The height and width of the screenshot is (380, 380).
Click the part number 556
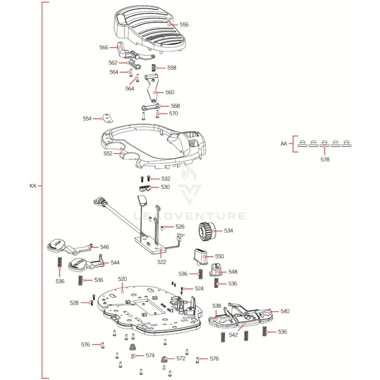point(184,24)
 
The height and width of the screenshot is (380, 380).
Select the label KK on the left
point(33,186)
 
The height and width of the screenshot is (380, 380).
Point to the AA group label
point(284,143)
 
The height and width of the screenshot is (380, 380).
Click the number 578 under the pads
point(324,160)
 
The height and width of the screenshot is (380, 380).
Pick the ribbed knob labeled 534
point(205,232)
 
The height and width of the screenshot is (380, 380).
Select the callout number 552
point(108,154)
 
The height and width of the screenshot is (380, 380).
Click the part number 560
point(170,93)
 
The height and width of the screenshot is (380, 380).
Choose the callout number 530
point(165,187)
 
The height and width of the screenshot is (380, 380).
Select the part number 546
point(104,247)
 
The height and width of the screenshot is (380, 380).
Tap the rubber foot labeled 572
point(164,358)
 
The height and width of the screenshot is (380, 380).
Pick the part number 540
point(285,312)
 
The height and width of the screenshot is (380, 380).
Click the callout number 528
point(74,303)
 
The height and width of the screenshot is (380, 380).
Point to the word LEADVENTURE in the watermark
point(190,217)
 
